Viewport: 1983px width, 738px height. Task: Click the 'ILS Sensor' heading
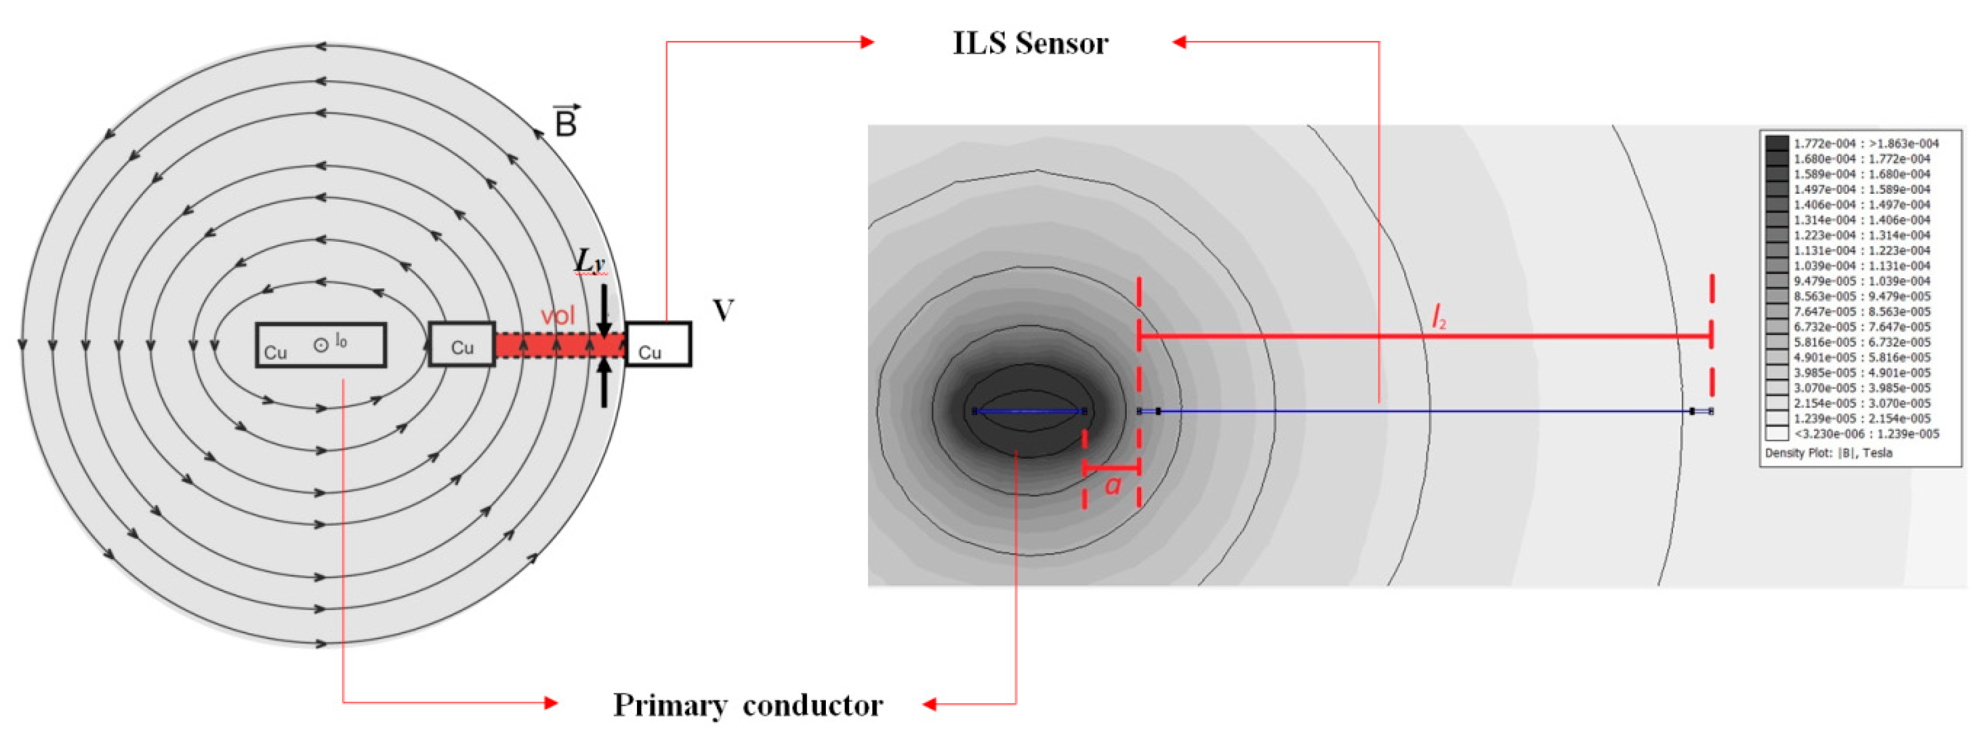tap(1030, 43)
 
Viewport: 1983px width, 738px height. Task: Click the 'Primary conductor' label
tap(747, 705)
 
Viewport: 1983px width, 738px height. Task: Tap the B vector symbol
tap(567, 121)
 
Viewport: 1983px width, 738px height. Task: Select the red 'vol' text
tap(558, 316)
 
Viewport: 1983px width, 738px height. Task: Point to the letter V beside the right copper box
tap(723, 310)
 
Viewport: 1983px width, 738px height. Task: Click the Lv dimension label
tap(590, 261)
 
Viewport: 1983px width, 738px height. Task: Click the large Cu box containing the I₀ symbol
tap(320, 345)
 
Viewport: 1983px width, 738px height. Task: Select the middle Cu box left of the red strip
tap(461, 344)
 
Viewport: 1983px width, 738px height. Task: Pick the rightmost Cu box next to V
tap(658, 344)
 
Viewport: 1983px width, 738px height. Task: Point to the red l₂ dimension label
tap(1438, 317)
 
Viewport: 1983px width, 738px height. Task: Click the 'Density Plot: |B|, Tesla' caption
tap(1828, 453)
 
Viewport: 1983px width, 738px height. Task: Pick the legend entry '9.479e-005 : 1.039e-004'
tap(1861, 281)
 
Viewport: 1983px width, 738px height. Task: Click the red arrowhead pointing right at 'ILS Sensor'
tap(867, 42)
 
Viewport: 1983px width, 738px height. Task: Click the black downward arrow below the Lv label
tap(604, 312)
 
